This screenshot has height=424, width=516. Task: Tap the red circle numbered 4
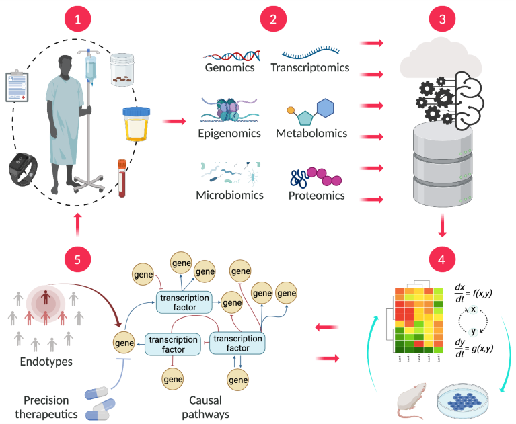click(441, 258)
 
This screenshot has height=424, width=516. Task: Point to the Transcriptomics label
click(310, 68)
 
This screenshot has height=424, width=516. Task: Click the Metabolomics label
click(311, 133)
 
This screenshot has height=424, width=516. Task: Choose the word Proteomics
click(316, 196)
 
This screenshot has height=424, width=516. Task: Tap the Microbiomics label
click(228, 196)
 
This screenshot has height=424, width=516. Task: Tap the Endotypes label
click(42, 362)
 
